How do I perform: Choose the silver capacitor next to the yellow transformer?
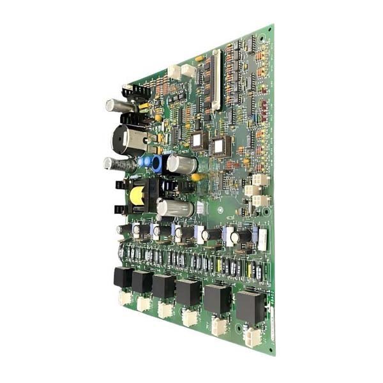(174, 208)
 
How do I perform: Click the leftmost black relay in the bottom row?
(123, 277)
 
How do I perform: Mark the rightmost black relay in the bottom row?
(250, 307)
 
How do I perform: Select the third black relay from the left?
(163, 287)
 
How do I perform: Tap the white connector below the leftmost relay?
(124, 297)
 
